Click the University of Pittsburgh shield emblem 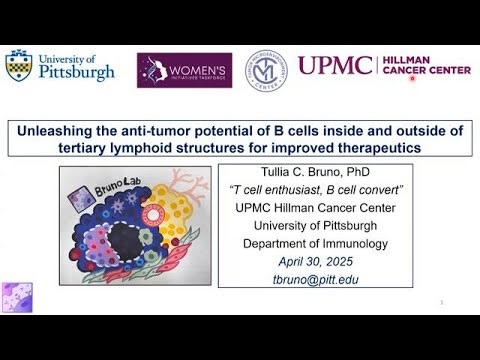tap(19, 67)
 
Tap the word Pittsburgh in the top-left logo tap(78, 73)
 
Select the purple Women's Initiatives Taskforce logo tap(184, 70)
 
